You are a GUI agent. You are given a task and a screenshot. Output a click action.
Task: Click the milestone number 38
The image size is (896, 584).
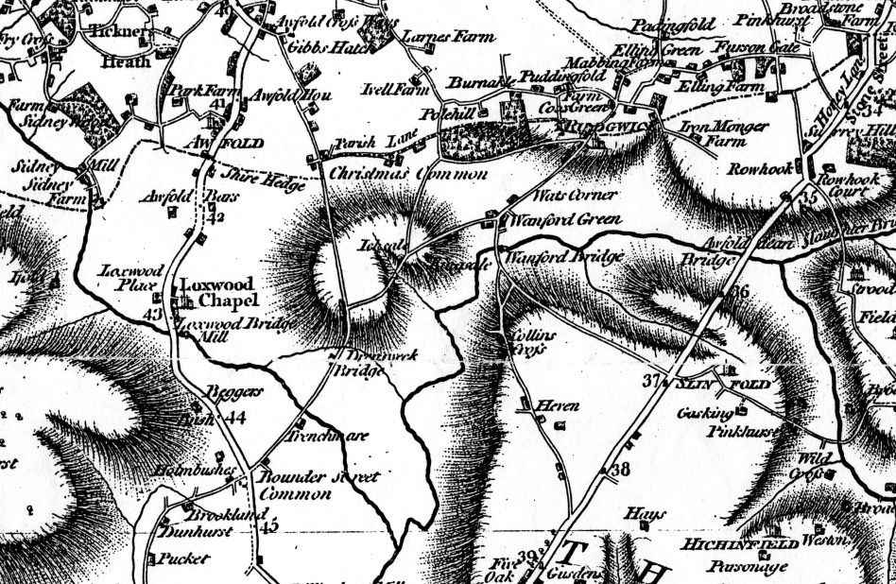click(x=620, y=470)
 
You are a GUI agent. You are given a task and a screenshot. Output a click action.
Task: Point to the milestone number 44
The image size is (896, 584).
click(x=235, y=418)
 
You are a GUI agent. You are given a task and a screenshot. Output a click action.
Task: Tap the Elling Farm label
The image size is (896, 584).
click(x=708, y=87)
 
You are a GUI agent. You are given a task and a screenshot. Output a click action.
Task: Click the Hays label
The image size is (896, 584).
click(x=646, y=514)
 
